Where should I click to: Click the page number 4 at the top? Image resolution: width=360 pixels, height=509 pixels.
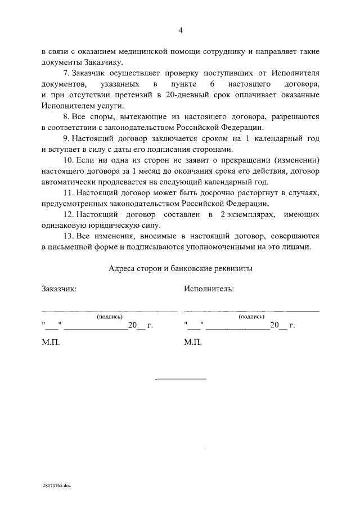point(180,30)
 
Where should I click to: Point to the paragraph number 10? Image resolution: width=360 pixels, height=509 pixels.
point(66,160)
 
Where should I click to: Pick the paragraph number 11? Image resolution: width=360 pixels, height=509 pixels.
point(66,193)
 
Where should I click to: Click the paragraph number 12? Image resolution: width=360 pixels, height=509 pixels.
point(66,215)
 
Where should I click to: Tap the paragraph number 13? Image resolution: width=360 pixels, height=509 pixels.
point(66,237)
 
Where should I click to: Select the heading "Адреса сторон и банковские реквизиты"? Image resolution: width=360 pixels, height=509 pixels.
point(180,269)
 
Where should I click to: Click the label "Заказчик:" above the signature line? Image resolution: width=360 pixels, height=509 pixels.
point(59,289)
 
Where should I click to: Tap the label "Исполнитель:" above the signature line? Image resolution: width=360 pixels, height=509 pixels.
point(209,289)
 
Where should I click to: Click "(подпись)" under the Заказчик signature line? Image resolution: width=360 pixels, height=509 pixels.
point(109,317)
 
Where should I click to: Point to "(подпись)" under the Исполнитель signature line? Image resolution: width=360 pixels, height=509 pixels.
point(251,317)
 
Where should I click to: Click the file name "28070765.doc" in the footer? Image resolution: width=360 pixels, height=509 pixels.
point(57,484)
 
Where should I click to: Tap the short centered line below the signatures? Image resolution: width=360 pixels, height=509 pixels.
point(180,379)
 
